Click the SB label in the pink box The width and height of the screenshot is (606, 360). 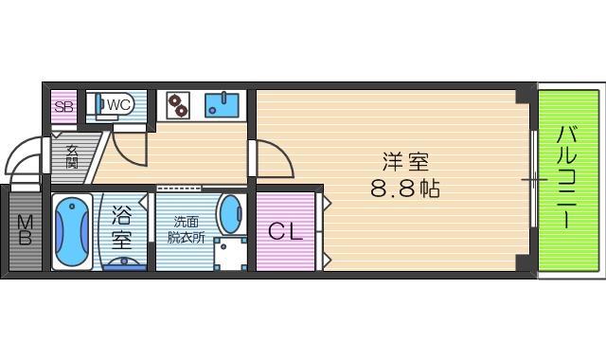coord(63,106)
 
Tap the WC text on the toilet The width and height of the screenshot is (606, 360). coord(118,103)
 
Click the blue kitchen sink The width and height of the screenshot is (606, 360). coord(222,103)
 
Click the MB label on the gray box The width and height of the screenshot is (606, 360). coord(25,229)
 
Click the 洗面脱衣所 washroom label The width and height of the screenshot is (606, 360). coord(186,229)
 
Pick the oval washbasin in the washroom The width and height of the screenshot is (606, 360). coord(230,214)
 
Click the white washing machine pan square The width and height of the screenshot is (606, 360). coord(230,254)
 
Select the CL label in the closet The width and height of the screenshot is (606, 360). coord(284,230)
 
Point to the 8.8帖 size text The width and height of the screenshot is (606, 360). coord(404,188)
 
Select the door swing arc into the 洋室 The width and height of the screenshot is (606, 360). coord(272,159)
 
